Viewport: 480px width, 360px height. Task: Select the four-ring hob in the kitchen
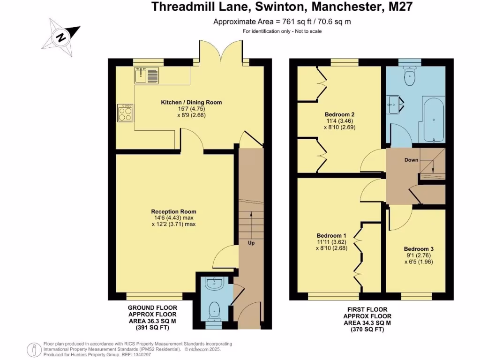coord(125,112)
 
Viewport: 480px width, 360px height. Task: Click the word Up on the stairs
coord(251,243)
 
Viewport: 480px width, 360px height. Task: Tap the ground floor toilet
coord(214,310)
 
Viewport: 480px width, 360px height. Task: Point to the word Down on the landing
coord(411,160)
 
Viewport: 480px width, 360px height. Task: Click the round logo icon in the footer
coord(34,349)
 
